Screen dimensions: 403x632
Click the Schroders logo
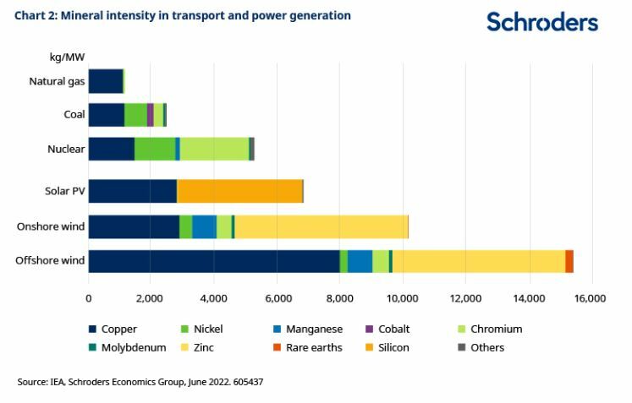tap(541, 22)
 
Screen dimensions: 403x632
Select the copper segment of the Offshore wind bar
tap(213, 261)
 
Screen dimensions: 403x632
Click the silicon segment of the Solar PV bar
tap(239, 191)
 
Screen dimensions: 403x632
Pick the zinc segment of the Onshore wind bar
tap(321, 226)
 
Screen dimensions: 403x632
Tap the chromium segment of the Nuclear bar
tap(214, 149)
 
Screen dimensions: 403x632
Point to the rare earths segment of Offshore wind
tap(569, 261)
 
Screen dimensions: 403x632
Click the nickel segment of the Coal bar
tap(135, 115)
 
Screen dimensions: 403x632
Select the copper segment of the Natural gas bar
tap(105, 81)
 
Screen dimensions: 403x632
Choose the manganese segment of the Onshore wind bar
tap(204, 226)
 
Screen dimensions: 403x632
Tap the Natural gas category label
tap(56, 81)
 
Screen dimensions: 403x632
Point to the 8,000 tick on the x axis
tap(339, 298)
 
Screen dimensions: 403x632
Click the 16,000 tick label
tap(590, 298)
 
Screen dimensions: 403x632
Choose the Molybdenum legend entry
tap(129, 347)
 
